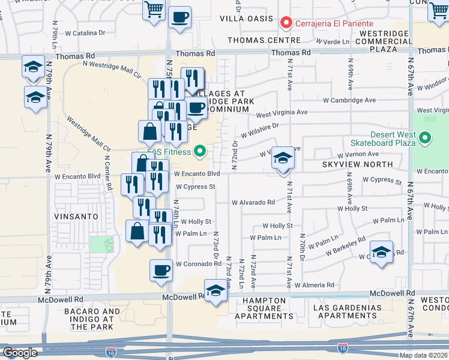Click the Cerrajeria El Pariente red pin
click(x=286, y=23)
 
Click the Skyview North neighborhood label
click(x=357, y=164)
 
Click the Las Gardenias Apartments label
click(x=347, y=311)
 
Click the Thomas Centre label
click(x=264, y=40)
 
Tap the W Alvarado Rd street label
click(x=253, y=202)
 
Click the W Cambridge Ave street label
click(x=349, y=100)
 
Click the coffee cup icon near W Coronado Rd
click(x=161, y=271)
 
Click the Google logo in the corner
click(x=20, y=353)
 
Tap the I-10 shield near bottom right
click(x=341, y=348)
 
